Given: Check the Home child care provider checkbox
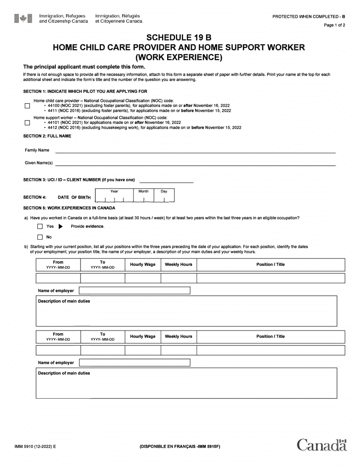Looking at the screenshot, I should (x=27, y=106).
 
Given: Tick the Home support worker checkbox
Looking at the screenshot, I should (x=27, y=123).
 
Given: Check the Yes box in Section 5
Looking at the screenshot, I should (x=40, y=227).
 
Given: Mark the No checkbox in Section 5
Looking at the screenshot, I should (x=40, y=238).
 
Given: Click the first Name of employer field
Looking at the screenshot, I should (x=135, y=291).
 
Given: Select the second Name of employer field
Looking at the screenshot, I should (x=135, y=363).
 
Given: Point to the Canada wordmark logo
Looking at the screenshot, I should (x=322, y=445).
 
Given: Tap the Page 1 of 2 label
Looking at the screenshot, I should (x=335, y=25).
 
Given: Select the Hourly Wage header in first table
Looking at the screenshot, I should (x=143, y=264).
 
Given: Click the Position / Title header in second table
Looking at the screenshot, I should (x=271, y=336).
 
